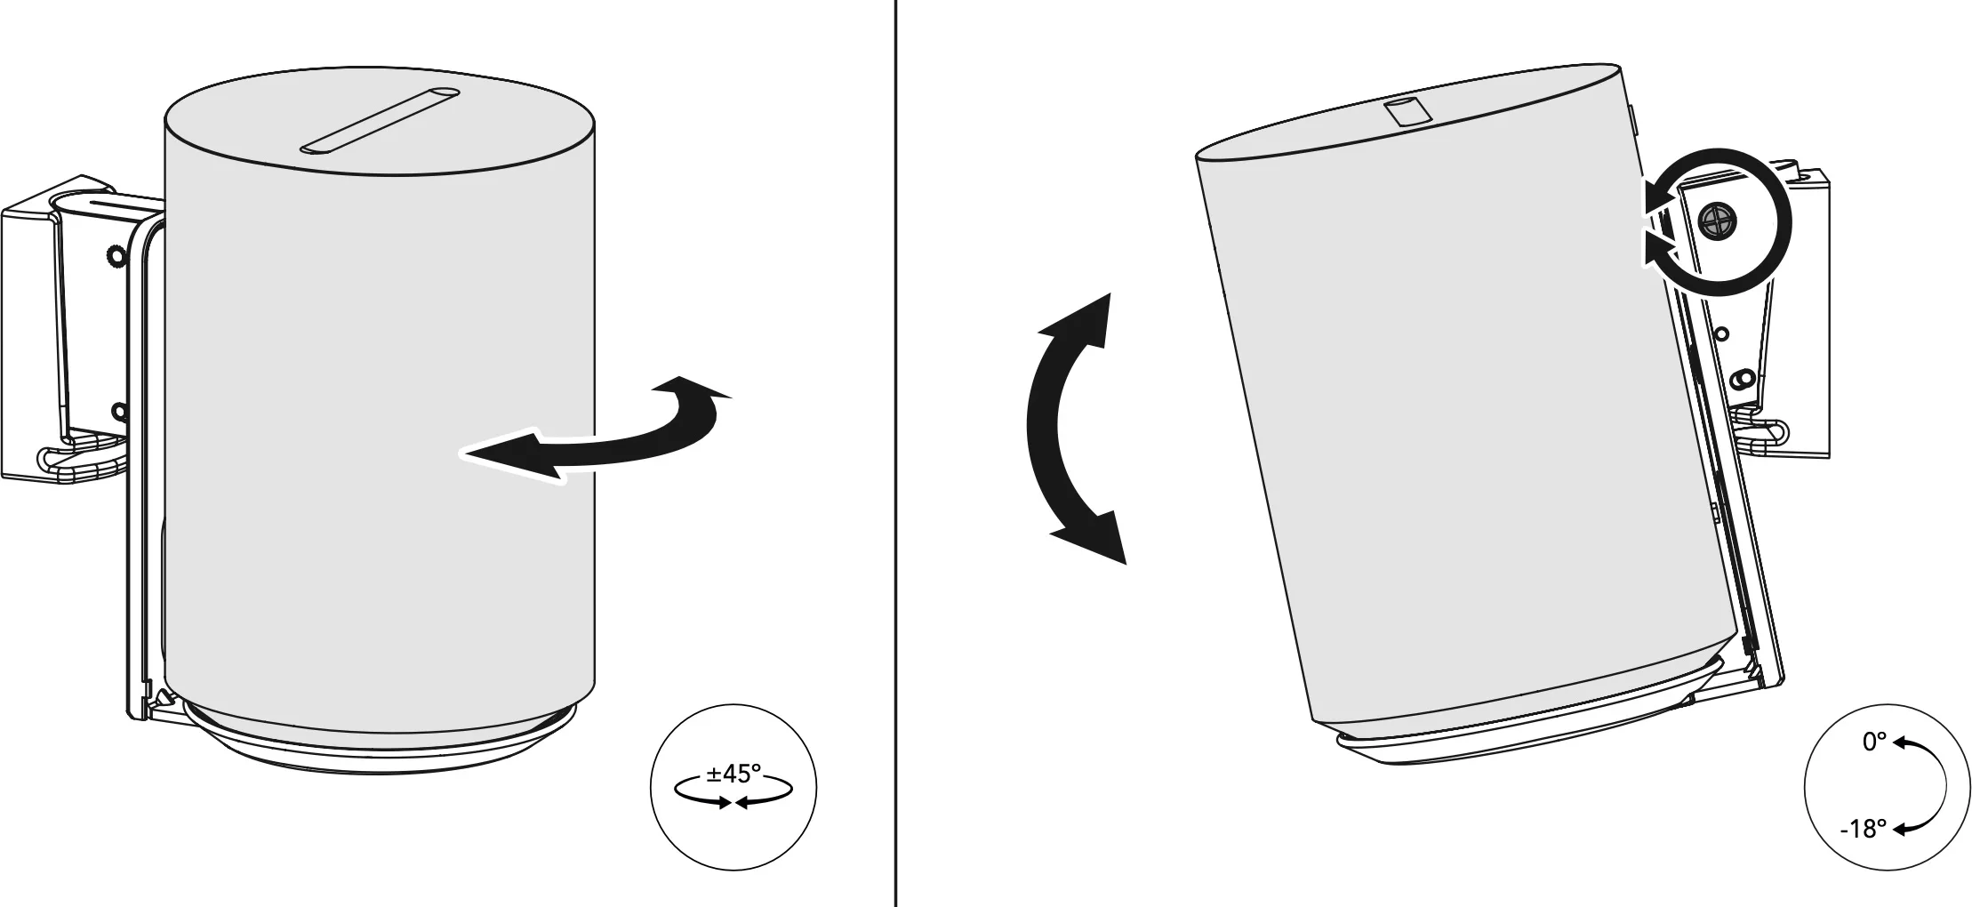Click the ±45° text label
(x=733, y=773)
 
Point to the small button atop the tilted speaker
(x=1407, y=112)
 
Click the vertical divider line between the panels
(x=894, y=453)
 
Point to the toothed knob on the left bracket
(x=114, y=257)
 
